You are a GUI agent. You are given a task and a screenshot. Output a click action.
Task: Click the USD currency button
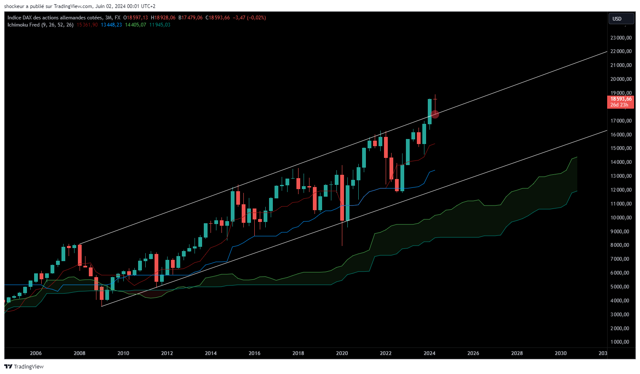coord(621,19)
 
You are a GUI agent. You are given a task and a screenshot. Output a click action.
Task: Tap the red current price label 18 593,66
coord(621,99)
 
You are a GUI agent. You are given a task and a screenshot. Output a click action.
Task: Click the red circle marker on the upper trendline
coord(435,114)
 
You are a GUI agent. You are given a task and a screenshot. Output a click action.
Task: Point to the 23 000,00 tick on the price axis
coord(621,38)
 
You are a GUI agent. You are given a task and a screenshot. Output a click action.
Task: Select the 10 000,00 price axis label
coord(621,218)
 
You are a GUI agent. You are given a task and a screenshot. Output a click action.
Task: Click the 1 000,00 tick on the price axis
coord(622,342)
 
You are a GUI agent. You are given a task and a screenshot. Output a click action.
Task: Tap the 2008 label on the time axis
coord(80,353)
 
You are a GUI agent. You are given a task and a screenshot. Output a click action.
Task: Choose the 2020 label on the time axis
coord(342,353)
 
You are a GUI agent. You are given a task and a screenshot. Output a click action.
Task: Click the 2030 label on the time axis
coord(560,353)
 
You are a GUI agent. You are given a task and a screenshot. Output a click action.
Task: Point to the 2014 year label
coord(211,353)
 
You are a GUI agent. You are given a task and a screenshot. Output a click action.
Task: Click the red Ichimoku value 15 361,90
coord(87,25)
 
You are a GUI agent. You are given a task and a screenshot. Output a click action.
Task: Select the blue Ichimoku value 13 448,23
coord(111,25)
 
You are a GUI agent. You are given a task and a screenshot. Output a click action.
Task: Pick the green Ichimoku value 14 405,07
coord(136,25)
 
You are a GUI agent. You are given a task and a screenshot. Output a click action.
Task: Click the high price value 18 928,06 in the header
coord(163,18)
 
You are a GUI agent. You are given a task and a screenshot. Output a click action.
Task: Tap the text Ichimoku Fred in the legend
coord(24,25)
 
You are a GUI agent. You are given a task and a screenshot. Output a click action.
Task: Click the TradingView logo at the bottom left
coord(24,366)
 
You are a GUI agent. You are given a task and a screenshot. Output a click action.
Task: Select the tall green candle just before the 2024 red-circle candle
coord(429,112)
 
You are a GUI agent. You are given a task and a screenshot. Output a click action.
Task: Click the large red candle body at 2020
coord(342,198)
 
